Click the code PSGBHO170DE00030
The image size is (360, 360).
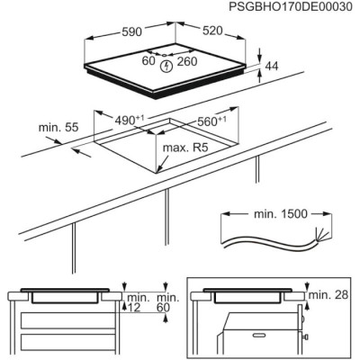[291, 6]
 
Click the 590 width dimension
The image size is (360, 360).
[131, 31]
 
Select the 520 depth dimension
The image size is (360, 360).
[212, 31]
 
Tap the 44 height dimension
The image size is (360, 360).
[272, 66]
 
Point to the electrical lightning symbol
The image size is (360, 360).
[166, 67]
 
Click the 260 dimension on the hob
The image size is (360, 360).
[187, 61]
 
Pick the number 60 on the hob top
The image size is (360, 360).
[148, 61]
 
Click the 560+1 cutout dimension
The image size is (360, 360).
[211, 121]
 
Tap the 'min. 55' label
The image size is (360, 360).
[58, 127]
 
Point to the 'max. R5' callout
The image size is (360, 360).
[185, 148]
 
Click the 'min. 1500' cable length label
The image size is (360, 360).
[281, 214]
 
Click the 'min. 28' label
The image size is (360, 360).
[328, 294]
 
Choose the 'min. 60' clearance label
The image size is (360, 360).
[168, 302]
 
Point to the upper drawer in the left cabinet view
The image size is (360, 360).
[68, 320]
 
